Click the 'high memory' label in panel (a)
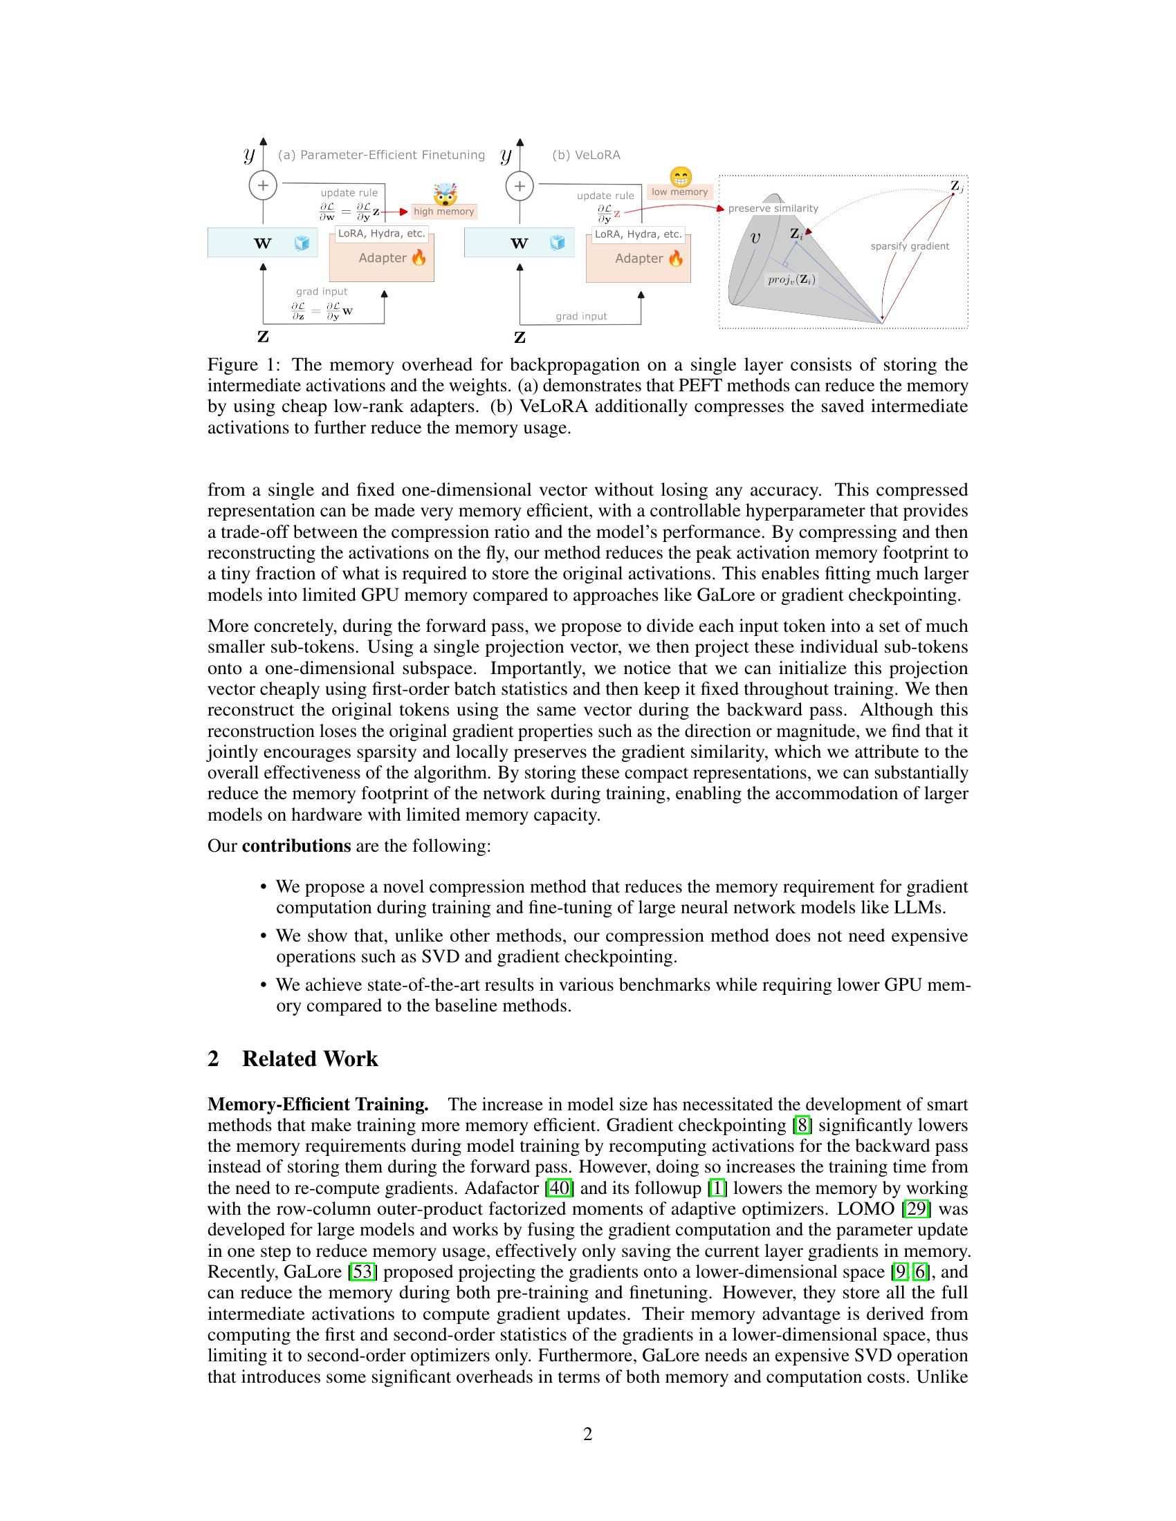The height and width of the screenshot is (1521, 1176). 444,212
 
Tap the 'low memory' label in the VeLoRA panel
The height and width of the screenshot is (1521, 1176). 679,192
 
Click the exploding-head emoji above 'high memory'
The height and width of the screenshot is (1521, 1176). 444,192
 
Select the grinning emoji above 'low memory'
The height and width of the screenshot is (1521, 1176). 681,176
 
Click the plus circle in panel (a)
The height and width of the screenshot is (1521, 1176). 263,185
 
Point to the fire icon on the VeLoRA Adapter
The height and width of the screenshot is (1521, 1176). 676,259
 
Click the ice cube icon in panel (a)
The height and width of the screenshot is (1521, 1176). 302,243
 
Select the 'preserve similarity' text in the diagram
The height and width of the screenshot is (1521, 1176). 773,208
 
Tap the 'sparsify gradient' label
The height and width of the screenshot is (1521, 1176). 909,246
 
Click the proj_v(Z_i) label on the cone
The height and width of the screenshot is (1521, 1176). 791,280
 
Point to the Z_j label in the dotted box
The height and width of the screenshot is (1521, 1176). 957,187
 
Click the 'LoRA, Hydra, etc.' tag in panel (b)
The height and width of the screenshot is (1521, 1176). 638,234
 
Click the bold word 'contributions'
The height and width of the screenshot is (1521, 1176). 296,846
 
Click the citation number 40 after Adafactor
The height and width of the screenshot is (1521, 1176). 560,1188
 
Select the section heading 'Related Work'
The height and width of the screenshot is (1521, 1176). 309,1059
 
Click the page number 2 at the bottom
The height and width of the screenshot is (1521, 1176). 587,1435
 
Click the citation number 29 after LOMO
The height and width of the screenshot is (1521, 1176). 916,1209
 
